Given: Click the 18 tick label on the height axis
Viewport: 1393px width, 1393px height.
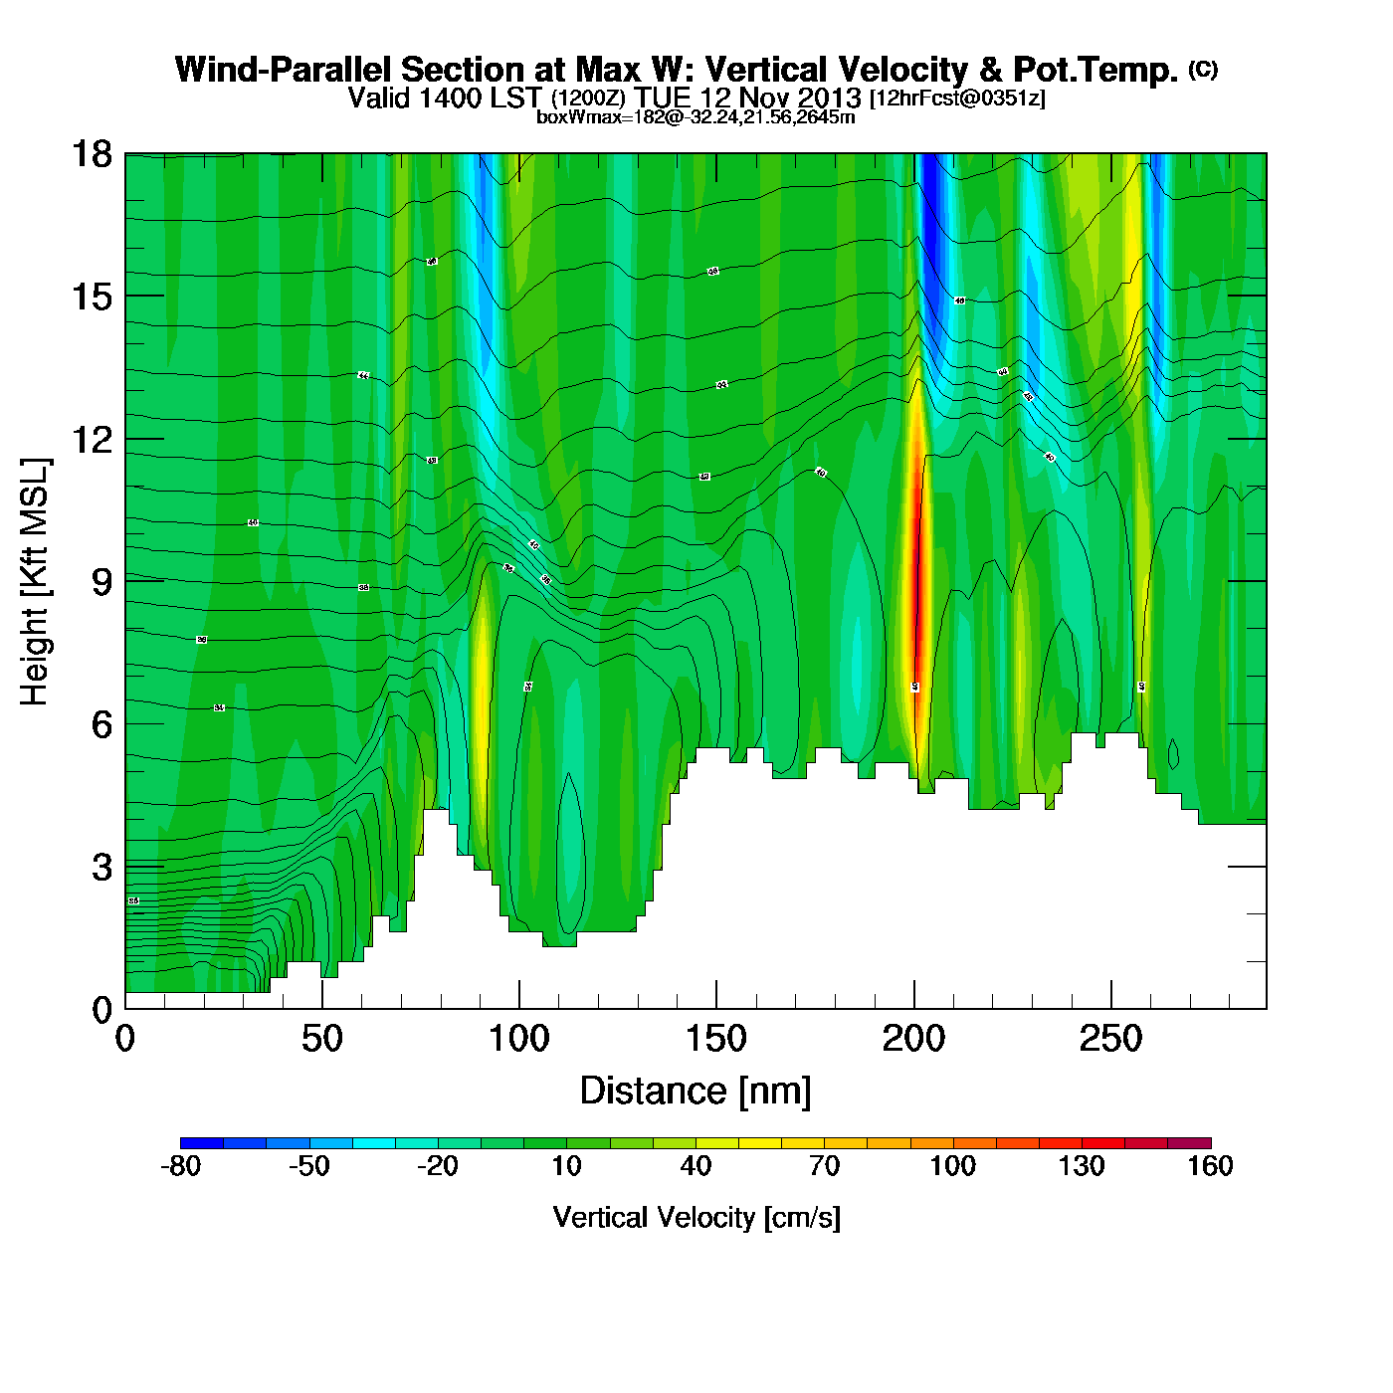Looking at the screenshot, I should [x=91, y=154].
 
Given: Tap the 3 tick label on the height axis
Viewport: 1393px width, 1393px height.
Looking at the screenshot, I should [x=101, y=868].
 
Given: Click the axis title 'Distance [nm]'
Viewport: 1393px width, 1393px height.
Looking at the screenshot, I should [x=696, y=1092].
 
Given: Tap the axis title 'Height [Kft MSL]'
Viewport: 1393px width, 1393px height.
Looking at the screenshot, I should [x=35, y=582].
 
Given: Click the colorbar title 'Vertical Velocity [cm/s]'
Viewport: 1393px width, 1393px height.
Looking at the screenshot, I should [x=696, y=1217].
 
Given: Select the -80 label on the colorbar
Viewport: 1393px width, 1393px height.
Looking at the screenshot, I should [x=180, y=1166].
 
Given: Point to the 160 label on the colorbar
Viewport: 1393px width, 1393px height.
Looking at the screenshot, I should [x=1210, y=1166].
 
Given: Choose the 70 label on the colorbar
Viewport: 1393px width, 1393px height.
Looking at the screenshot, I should [x=824, y=1166].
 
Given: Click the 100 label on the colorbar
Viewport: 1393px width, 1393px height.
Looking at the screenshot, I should [x=952, y=1166].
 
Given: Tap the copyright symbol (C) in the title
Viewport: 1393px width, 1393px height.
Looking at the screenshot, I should [x=1203, y=69].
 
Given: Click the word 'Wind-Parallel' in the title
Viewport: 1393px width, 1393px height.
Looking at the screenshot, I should [x=284, y=70].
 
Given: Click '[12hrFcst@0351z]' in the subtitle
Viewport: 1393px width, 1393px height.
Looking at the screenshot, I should [x=957, y=99].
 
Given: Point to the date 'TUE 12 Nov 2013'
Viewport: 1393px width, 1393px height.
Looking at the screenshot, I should [x=748, y=99].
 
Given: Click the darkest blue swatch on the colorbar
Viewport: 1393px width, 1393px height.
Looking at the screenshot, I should [x=201, y=1143].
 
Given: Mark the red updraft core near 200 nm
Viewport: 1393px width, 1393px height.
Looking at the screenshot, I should [x=917, y=587].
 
